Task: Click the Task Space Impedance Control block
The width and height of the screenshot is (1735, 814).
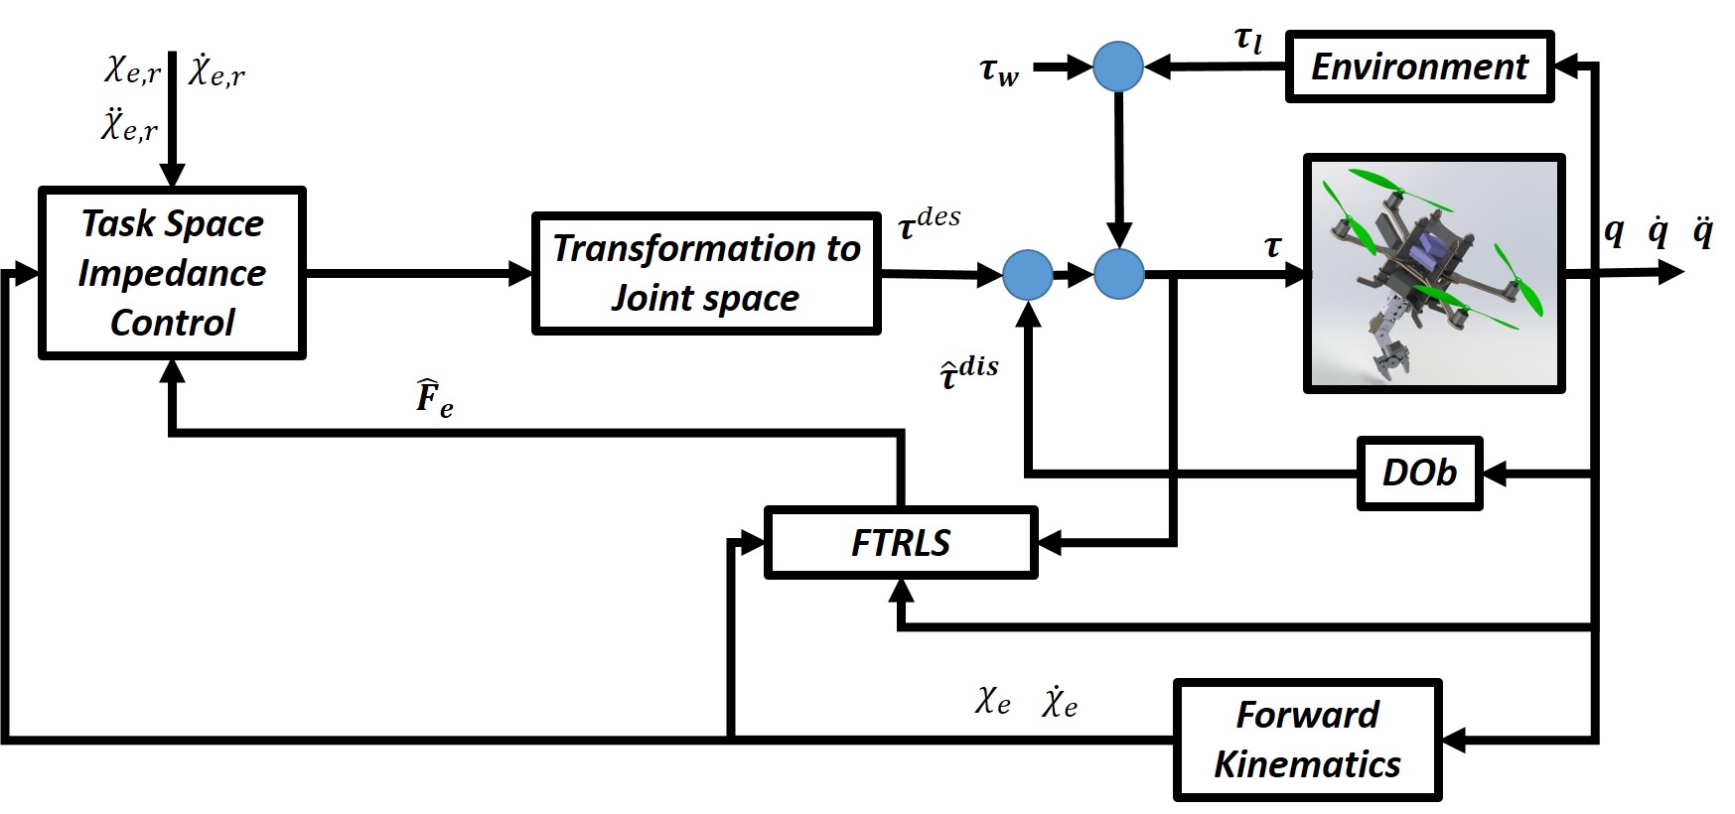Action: coord(172,273)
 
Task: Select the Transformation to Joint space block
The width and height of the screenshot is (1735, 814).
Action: coord(706,273)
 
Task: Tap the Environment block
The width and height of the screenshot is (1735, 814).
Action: coord(1419,67)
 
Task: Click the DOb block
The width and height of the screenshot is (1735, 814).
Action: coord(1419,474)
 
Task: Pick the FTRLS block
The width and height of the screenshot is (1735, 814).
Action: coord(901,542)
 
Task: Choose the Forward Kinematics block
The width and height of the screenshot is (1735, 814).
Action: coord(1307,740)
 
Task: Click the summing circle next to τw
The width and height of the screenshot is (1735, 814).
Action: coord(1118,68)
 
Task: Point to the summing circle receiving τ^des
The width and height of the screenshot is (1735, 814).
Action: coord(1027,274)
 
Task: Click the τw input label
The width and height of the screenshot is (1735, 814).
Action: coord(999,71)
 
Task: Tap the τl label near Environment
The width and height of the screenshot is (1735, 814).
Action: coord(1248,41)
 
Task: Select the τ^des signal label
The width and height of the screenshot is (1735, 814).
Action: coord(929,224)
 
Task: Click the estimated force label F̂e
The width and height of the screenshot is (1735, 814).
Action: coord(434,399)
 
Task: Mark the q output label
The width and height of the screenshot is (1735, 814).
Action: coord(1614,231)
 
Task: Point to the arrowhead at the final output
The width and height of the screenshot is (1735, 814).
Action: coord(1672,273)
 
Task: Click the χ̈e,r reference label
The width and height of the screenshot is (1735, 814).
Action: coord(129,127)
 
